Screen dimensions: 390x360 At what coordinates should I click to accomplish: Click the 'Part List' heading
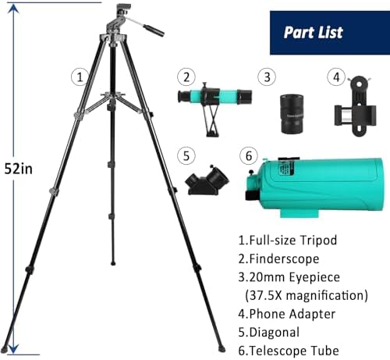(x=313, y=32)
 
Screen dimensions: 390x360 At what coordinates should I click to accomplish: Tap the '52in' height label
(x=19, y=169)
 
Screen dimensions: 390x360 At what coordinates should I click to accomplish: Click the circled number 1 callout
(x=80, y=77)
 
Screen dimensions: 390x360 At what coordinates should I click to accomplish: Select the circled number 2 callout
(x=186, y=77)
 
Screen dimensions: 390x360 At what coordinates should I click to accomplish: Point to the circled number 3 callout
(x=267, y=77)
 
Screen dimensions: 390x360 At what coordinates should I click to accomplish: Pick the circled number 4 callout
(x=336, y=77)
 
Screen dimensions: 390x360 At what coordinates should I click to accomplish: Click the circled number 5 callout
(x=186, y=156)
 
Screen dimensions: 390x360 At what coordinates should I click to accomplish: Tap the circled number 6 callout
(x=249, y=156)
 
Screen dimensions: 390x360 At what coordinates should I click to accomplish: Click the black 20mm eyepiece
(x=292, y=114)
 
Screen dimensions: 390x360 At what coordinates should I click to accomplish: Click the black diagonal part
(x=207, y=180)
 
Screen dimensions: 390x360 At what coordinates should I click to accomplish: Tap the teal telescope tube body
(x=320, y=186)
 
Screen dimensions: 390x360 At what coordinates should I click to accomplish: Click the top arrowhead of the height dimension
(x=13, y=9)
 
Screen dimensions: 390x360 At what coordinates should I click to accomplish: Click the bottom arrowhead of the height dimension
(x=13, y=349)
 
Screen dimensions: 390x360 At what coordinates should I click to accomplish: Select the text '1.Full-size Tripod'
(x=288, y=240)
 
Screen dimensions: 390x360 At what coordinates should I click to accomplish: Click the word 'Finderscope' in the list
(x=284, y=258)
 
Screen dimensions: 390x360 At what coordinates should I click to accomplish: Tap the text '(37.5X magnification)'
(x=307, y=295)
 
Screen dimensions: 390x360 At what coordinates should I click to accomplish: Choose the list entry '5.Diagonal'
(x=269, y=333)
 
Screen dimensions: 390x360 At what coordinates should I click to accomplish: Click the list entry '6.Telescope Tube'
(x=289, y=351)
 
